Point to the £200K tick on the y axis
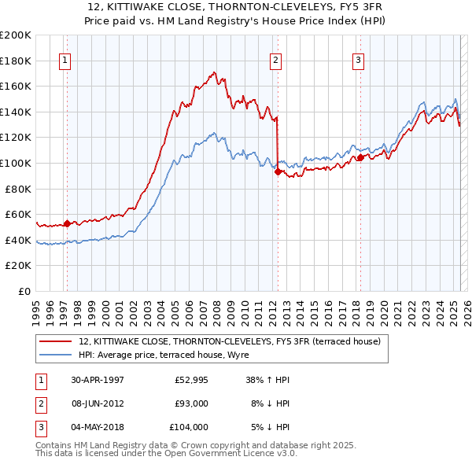[16, 35]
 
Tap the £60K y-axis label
[18, 214]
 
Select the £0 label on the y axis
[25, 291]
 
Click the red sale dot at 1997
[67, 223]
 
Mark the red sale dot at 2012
[278, 172]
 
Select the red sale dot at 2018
[360, 158]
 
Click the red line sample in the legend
[55, 341]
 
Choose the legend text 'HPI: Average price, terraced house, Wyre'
[164, 355]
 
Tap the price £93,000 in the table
[191, 403]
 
